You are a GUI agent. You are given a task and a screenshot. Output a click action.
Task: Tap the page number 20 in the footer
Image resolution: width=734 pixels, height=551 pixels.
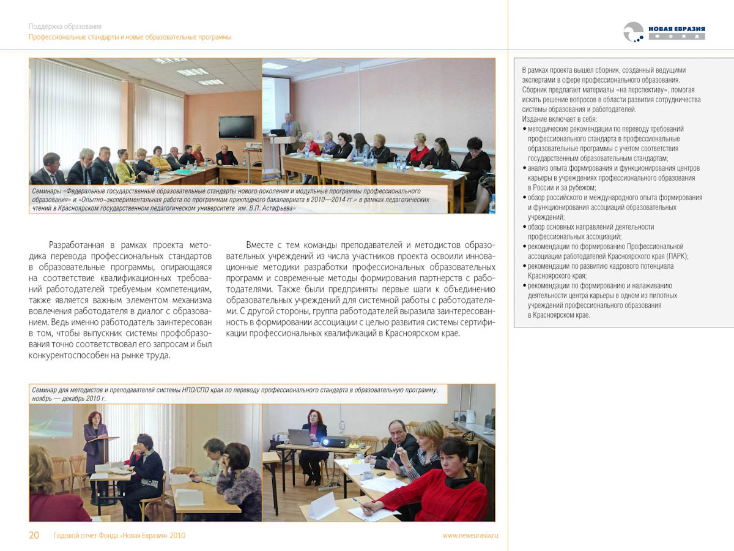(34, 536)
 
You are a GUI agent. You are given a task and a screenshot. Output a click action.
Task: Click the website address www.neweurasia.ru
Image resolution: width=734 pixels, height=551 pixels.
(470, 536)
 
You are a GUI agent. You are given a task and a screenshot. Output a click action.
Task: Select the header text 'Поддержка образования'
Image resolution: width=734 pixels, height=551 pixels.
(65, 26)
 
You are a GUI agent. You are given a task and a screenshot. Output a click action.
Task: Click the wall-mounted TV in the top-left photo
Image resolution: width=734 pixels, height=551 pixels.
(236, 127)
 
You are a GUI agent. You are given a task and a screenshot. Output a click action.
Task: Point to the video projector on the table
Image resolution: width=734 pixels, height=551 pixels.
(335, 441)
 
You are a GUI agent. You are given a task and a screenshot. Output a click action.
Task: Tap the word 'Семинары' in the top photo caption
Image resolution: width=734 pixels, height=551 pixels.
(47, 192)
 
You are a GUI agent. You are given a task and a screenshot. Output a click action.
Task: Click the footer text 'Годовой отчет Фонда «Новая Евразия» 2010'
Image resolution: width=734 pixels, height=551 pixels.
(119, 536)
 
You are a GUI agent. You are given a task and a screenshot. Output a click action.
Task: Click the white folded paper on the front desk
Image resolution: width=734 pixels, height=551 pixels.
(323, 506)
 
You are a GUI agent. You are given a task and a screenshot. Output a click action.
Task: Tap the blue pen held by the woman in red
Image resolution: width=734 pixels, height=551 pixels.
(356, 501)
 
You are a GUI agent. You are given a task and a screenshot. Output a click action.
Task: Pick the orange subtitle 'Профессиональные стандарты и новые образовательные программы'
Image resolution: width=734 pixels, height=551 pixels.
(130, 37)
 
